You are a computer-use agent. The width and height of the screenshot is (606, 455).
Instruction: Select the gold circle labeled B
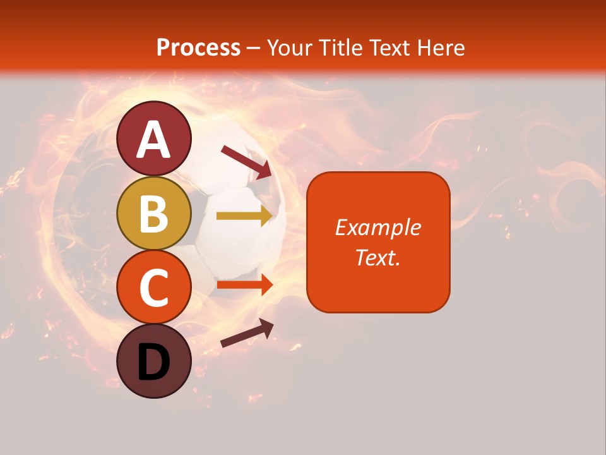coord(154,213)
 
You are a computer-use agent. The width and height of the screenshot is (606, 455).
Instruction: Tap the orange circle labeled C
coord(154,288)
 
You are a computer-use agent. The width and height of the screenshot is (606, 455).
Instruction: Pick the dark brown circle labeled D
coord(154,361)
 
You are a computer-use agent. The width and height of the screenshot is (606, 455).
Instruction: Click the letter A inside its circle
coord(154,140)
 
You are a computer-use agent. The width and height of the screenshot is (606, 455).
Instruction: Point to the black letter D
coord(154,363)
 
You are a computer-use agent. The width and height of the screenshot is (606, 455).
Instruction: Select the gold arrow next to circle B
coord(244,216)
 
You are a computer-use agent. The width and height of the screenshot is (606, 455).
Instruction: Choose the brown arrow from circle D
coord(247,333)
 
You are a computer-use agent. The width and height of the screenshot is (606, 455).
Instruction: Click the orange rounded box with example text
coord(378,242)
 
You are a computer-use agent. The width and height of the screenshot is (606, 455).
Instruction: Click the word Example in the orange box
coord(378,227)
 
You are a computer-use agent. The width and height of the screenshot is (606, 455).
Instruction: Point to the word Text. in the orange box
coord(378,257)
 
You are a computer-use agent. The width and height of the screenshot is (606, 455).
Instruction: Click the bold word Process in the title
coord(198,47)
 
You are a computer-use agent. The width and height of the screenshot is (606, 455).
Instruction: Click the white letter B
coord(154,214)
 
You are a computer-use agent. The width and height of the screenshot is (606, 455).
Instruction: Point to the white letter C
coord(154,289)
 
